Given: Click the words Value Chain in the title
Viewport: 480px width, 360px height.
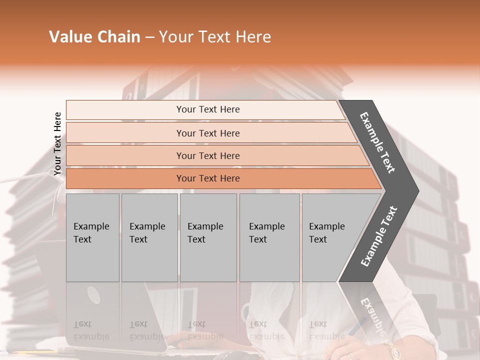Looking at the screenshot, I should point(94,37).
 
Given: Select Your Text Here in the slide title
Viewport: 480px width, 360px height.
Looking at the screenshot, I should point(215,37).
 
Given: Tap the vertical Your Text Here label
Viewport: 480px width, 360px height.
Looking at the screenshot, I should point(57,144).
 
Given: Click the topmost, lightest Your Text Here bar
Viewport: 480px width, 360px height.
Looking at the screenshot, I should point(208,109).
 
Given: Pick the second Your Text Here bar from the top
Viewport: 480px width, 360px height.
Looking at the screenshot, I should point(208,133).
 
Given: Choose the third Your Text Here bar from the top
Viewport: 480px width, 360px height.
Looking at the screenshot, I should point(208,155).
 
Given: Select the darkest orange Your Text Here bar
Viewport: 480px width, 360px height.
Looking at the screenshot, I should point(208,178).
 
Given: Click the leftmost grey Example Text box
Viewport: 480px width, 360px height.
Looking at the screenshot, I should point(92,237).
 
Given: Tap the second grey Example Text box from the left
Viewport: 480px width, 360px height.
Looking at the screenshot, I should point(149,237).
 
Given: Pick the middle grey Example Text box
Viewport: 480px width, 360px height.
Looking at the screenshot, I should point(207,237).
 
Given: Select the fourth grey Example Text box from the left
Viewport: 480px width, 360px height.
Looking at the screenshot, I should point(269,237).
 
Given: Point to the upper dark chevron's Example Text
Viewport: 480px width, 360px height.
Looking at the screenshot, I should point(378,142).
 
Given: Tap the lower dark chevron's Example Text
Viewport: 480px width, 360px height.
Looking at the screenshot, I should point(379,236).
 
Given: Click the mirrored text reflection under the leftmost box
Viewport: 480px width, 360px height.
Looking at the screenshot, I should point(90,330).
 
